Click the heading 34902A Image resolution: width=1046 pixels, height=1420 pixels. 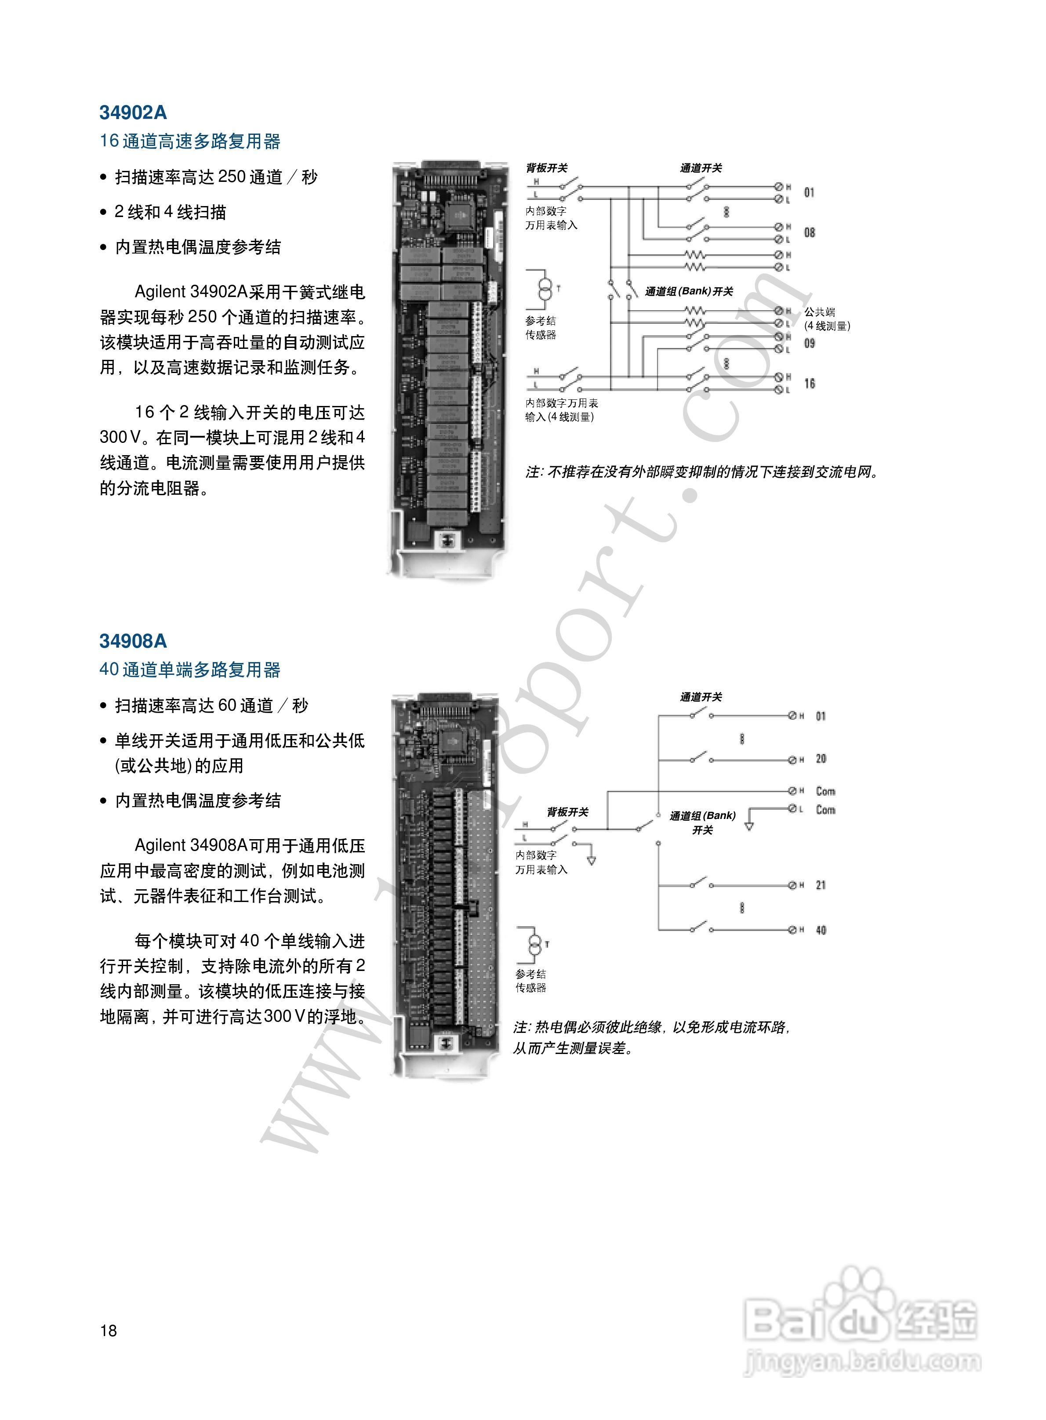[133, 112]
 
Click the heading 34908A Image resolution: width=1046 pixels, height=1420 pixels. [133, 641]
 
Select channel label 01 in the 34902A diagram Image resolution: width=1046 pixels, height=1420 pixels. [809, 192]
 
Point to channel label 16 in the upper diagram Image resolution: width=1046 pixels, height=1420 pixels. [809, 384]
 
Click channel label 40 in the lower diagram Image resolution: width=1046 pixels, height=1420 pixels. [821, 930]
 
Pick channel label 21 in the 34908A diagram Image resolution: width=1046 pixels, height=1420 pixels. [821, 885]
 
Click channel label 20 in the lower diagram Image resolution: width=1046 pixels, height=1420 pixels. [821, 759]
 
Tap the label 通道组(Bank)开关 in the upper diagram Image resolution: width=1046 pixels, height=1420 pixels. [689, 292]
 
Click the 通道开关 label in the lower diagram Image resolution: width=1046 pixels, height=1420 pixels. [701, 697]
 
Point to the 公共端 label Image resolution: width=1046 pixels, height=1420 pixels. [820, 312]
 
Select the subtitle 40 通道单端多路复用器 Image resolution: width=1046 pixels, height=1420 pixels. [190, 670]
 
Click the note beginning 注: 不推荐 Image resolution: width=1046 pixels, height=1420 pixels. [703, 472]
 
